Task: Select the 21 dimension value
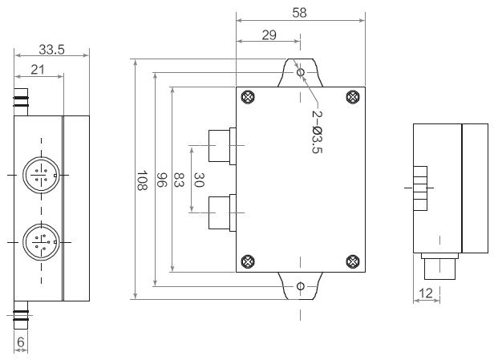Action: (x=38, y=70)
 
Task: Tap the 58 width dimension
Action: (x=301, y=13)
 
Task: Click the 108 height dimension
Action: (x=141, y=180)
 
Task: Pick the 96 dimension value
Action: (x=160, y=180)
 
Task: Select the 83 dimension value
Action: (x=180, y=180)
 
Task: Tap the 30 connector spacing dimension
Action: (x=199, y=180)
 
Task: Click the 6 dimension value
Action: (x=21, y=342)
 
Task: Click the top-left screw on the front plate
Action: (x=249, y=98)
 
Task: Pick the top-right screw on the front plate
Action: (x=352, y=98)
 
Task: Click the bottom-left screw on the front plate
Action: (x=249, y=260)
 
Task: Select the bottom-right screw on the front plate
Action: (x=352, y=260)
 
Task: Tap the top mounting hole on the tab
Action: (x=301, y=72)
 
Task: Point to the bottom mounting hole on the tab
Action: (x=301, y=286)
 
